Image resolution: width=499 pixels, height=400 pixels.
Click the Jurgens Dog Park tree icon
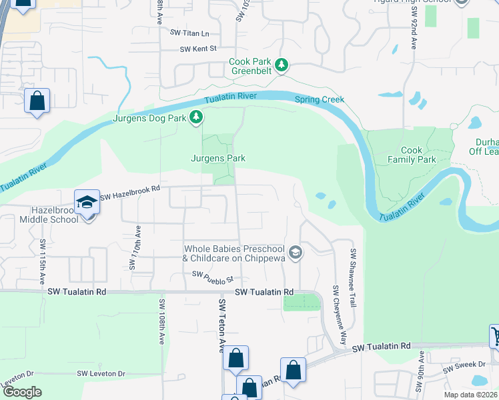(x=195, y=118)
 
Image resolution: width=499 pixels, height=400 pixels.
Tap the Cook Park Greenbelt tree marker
(x=282, y=65)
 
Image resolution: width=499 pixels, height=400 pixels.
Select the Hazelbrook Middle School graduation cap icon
(x=87, y=202)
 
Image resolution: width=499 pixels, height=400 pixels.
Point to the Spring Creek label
(x=320, y=99)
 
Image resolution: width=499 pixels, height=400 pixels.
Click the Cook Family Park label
(x=418, y=155)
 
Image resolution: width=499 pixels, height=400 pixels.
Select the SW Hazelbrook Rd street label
(x=130, y=189)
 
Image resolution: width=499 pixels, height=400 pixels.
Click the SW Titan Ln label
(x=189, y=33)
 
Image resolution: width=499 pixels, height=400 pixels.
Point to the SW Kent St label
(x=198, y=49)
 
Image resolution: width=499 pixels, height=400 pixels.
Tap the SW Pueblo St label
(x=211, y=274)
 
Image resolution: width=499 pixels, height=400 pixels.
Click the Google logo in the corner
(x=22, y=391)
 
